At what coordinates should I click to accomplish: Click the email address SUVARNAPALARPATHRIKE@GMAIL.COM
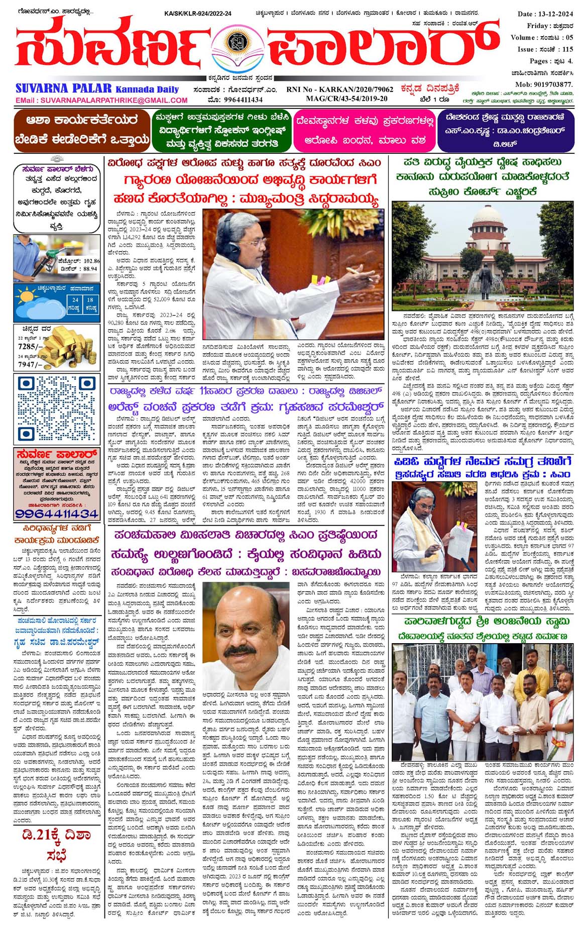click(x=101, y=100)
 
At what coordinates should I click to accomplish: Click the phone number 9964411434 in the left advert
click(x=56, y=513)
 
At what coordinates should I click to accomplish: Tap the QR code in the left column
click(x=56, y=408)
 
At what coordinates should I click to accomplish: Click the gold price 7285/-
click(x=28, y=346)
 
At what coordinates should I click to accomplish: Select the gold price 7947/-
click(x=28, y=364)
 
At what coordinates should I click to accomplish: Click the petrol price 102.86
click(x=91, y=261)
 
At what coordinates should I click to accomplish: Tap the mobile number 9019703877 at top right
click(x=550, y=84)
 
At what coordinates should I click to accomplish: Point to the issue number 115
click(x=567, y=49)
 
